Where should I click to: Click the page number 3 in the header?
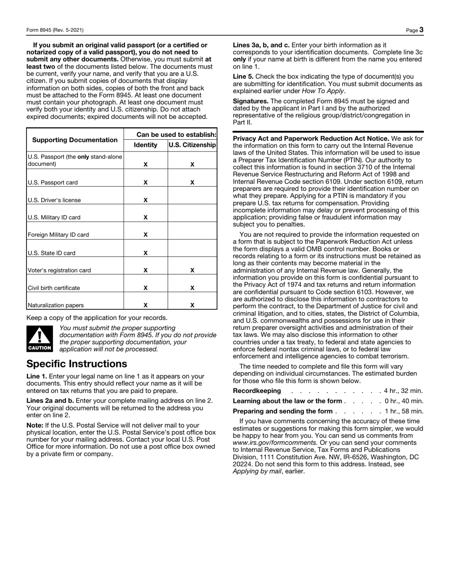tap(421, 30)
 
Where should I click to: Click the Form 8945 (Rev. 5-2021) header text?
tap(55, 30)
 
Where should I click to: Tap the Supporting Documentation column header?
tap(75, 140)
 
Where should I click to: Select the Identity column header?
tap(145, 145)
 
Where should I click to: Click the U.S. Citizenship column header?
tap(192, 145)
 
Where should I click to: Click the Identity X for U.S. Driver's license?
tap(145, 200)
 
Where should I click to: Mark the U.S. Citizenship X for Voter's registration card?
tap(192, 270)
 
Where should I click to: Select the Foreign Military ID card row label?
tap(58, 235)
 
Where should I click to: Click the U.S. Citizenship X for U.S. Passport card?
tap(192, 182)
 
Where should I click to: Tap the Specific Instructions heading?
tap(77, 364)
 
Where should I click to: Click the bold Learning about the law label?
tap(287, 401)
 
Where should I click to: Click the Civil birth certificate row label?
tap(54, 288)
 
